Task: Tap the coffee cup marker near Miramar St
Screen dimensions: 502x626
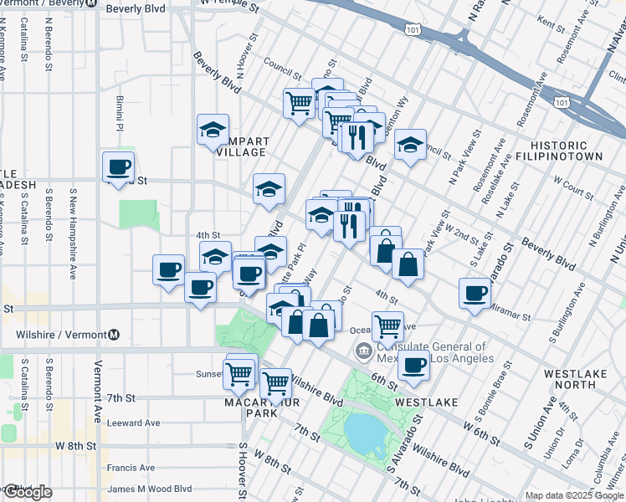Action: click(475, 294)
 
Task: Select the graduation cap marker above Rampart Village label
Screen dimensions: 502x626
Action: click(213, 130)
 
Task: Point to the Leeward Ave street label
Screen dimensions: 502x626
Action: click(134, 423)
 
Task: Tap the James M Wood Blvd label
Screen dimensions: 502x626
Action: click(150, 489)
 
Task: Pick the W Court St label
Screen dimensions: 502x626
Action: click(573, 186)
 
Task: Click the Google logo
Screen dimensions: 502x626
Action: click(27, 492)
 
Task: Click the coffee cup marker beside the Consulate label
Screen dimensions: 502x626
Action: click(413, 366)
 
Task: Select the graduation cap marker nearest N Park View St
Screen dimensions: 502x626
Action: click(411, 144)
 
